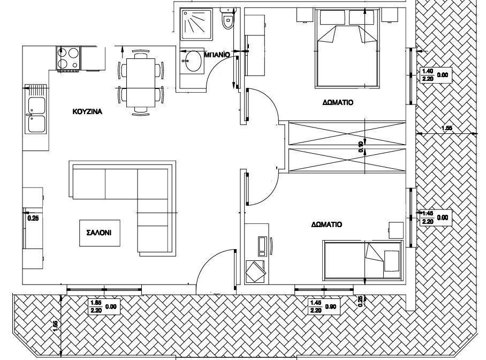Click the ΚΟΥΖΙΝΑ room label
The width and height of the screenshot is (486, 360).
(x=87, y=112)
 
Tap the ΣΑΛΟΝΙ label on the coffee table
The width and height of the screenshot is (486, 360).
(x=100, y=232)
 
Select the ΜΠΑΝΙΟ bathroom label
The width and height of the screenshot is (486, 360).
(x=217, y=55)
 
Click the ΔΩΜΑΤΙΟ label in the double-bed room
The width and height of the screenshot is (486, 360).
(x=338, y=102)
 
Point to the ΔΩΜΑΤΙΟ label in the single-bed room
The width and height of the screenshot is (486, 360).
(x=326, y=224)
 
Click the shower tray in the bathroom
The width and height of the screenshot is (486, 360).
(x=197, y=25)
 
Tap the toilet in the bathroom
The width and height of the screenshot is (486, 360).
(x=227, y=19)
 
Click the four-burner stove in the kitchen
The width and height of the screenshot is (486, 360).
(x=68, y=58)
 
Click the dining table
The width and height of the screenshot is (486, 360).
(x=140, y=82)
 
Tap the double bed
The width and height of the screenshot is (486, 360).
(x=347, y=48)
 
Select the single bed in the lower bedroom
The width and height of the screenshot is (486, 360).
(x=363, y=259)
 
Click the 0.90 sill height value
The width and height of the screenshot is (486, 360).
(x=331, y=307)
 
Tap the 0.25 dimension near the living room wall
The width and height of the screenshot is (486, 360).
(x=33, y=218)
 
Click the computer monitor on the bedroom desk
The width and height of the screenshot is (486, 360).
(x=262, y=246)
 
